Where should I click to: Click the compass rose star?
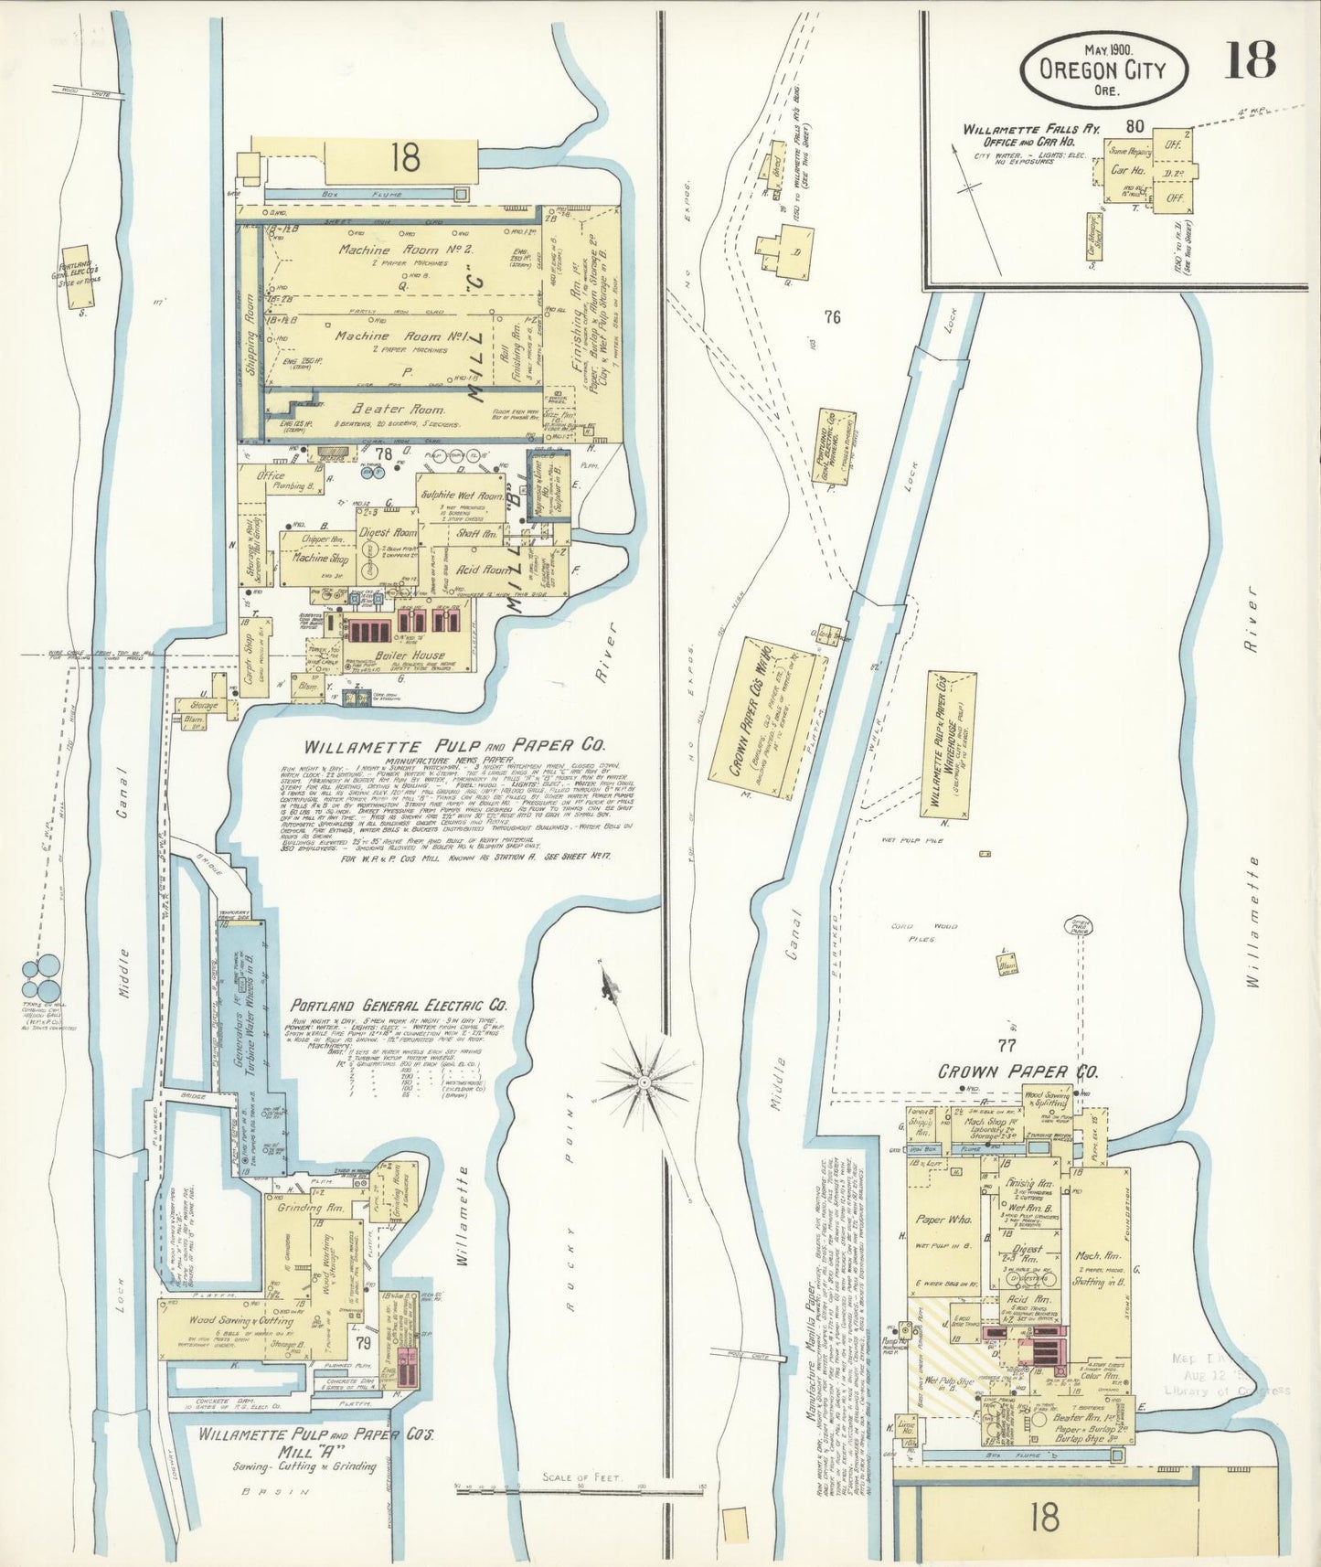[x=645, y=1081]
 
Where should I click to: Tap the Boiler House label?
[x=410, y=655]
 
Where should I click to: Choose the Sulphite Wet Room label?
[x=461, y=495]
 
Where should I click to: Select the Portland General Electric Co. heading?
[x=399, y=1005]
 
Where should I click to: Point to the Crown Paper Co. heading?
[x=1017, y=1071]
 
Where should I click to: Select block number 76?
[x=831, y=317]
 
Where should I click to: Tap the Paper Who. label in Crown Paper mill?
[x=943, y=1220]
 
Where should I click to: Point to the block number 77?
[x=1007, y=1045]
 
